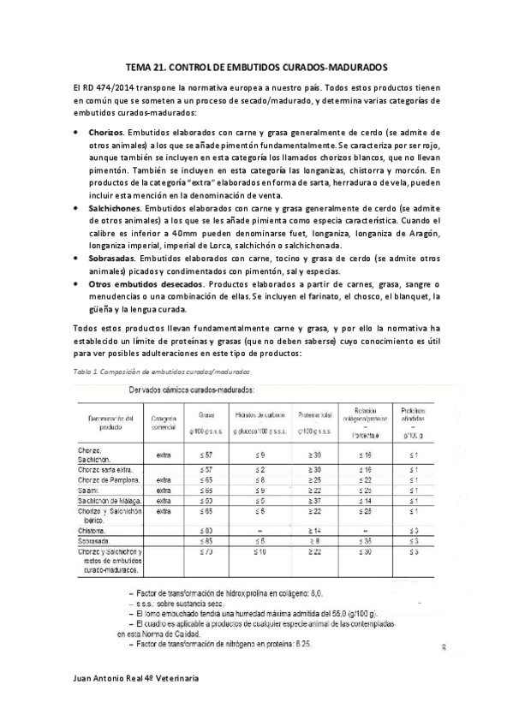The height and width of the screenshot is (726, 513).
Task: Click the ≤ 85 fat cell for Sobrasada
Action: point(206,541)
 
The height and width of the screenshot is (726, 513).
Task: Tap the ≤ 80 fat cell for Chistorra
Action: point(206,530)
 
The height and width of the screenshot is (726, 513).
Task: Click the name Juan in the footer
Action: point(86,701)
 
